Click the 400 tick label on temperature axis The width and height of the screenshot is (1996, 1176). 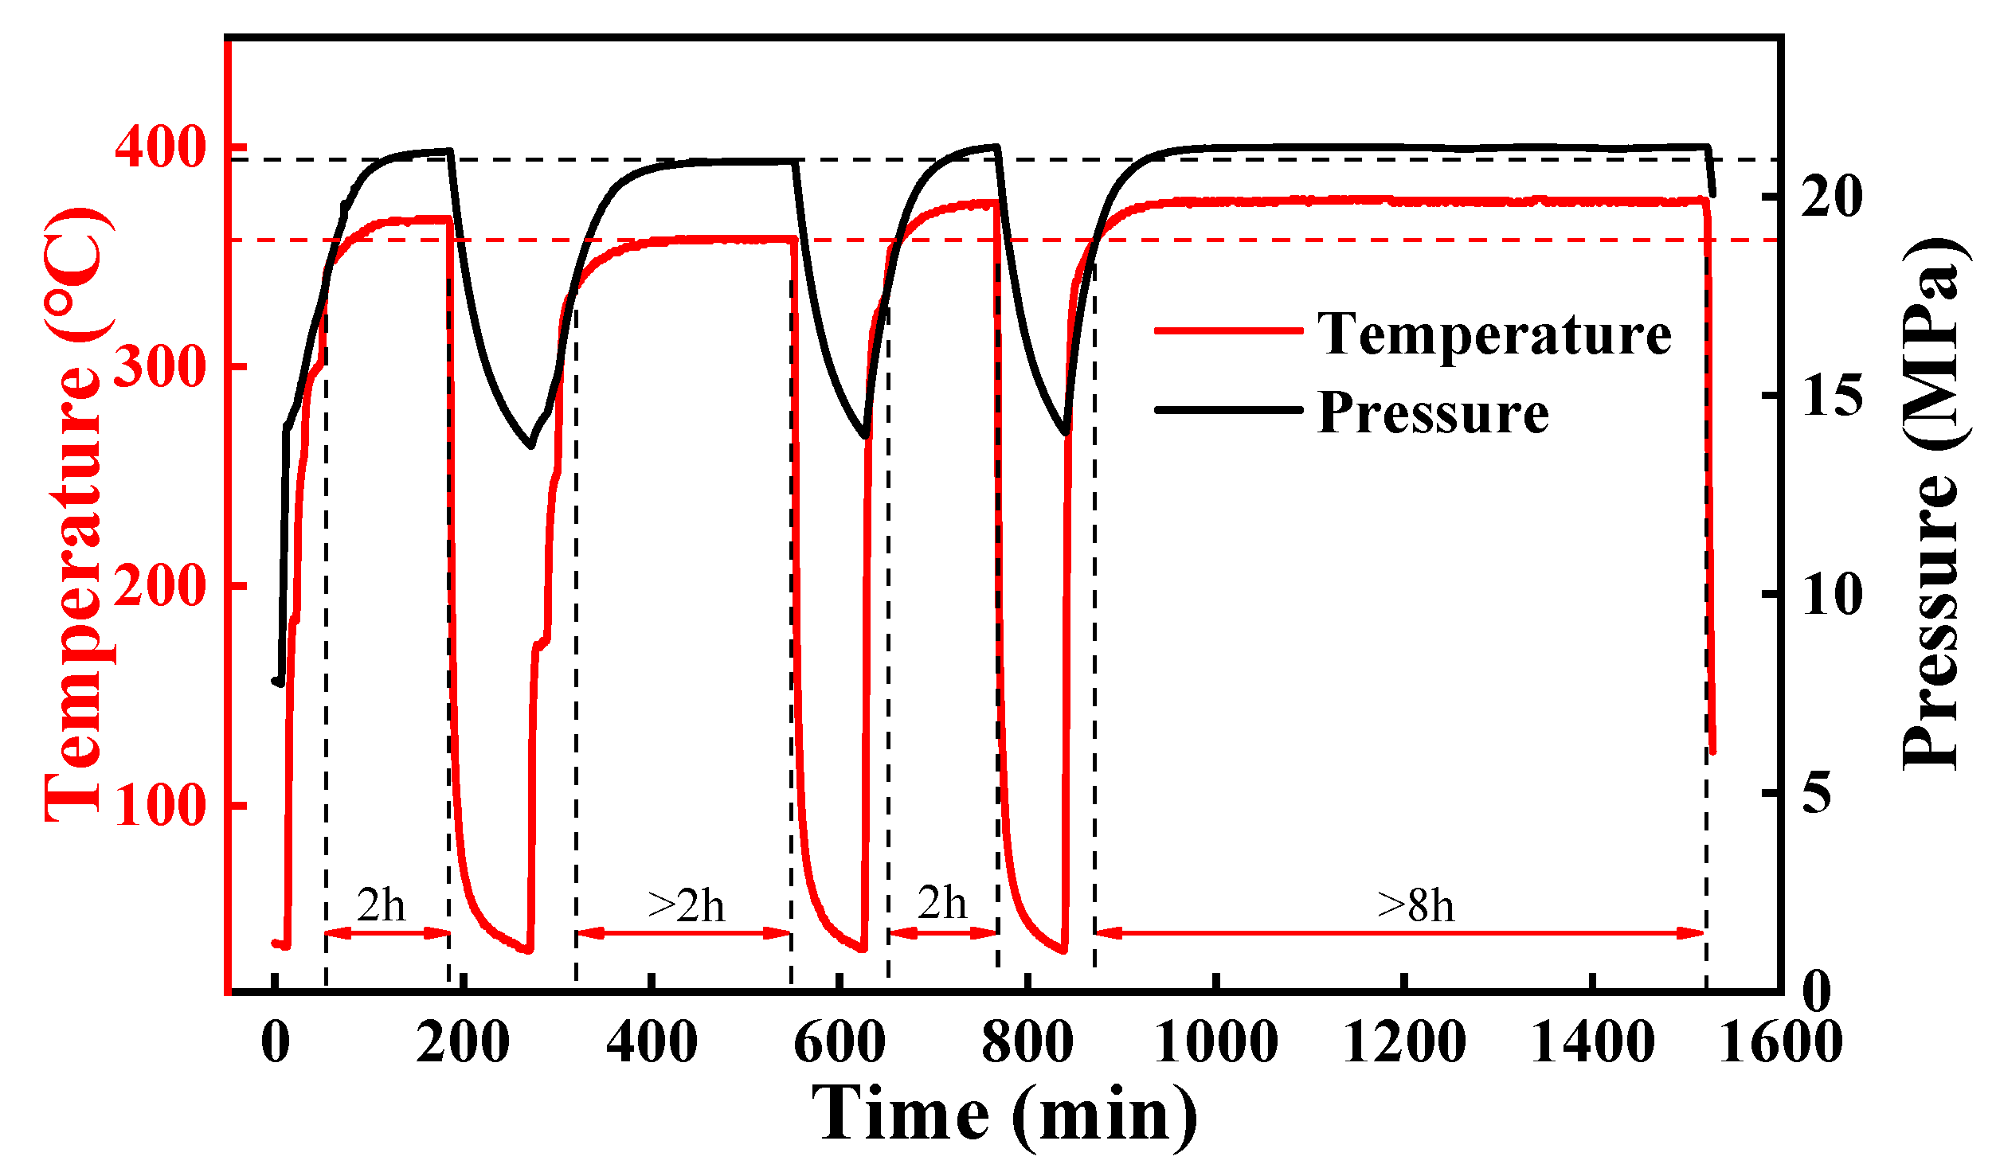[x=160, y=147]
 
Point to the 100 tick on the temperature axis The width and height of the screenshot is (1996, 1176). [x=160, y=806]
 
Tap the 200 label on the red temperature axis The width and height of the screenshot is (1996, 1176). [x=160, y=587]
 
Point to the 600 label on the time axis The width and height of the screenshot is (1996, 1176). [x=839, y=1041]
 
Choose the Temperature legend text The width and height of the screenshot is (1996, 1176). [x=1494, y=334]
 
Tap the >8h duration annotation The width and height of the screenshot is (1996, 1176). [x=1415, y=905]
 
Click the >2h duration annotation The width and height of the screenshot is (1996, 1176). [x=686, y=905]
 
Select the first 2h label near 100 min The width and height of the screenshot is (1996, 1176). [x=381, y=905]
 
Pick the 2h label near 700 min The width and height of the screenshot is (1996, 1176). [x=941, y=903]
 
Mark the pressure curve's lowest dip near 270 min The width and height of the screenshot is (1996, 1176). [x=531, y=445]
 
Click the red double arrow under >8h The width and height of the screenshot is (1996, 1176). [x=1399, y=933]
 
